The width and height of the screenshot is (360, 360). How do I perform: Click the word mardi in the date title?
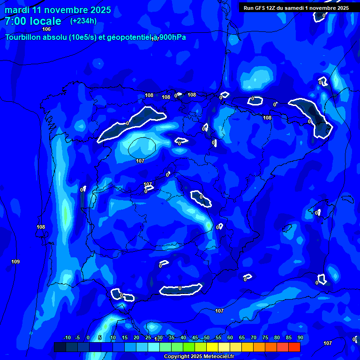pyautogui.click(x=17, y=10)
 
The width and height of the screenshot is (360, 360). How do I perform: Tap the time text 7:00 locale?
pyautogui.click(x=33, y=21)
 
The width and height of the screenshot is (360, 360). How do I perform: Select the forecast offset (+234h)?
pyautogui.click(x=83, y=21)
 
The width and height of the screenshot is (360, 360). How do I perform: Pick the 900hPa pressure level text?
pyautogui.click(x=172, y=37)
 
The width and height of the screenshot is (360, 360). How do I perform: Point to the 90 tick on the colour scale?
pyautogui.click(x=300, y=337)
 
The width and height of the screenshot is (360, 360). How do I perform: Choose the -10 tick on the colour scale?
pyautogui.click(x=67, y=337)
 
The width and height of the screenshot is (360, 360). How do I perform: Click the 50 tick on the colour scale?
pyautogui.click(x=207, y=337)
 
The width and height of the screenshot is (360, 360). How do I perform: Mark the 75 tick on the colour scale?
pyautogui.click(x=265, y=337)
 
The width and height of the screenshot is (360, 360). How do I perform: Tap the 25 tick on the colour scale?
pyautogui.click(x=148, y=337)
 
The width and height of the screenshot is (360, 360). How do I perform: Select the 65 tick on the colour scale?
pyautogui.click(x=242, y=337)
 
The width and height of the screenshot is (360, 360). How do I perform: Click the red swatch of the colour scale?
pyautogui.click(x=294, y=347)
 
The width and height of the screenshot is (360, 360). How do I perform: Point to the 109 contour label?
pyautogui.click(x=15, y=262)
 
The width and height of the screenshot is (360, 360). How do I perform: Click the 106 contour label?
pyautogui.click(x=46, y=29)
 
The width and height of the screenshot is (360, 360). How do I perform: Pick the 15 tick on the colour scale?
pyautogui.click(x=125, y=337)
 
